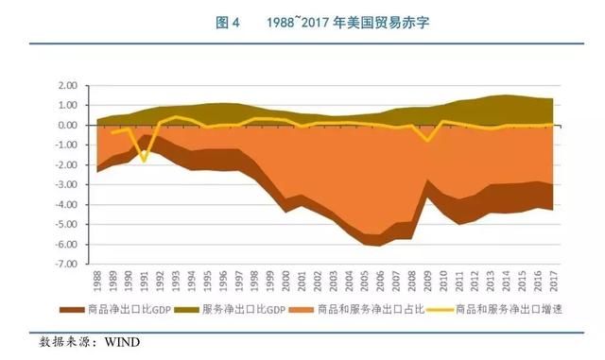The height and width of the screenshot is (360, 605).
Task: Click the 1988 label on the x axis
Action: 97,283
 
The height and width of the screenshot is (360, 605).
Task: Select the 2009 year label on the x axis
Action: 426,283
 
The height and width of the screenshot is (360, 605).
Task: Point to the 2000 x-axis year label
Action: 285,283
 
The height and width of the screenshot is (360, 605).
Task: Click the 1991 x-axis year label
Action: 145,283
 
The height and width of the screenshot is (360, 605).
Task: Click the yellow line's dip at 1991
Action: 145,161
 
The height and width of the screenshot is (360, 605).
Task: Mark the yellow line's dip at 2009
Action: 426,141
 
